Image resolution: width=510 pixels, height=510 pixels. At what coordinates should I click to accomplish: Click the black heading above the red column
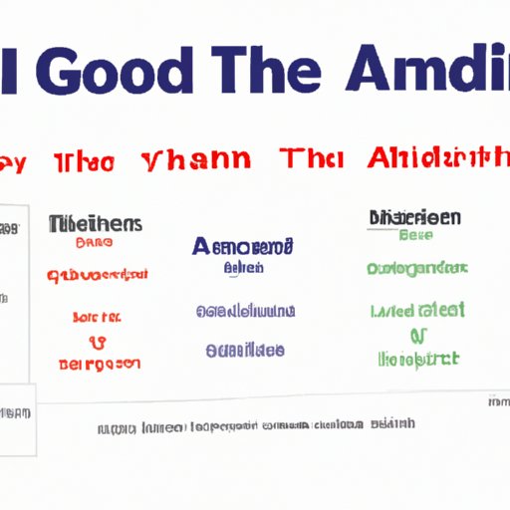96,224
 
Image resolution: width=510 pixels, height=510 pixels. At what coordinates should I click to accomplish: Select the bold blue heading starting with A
244,246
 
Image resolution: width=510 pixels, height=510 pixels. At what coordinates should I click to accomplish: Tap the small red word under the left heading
94,242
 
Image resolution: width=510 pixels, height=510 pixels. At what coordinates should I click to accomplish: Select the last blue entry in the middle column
244,350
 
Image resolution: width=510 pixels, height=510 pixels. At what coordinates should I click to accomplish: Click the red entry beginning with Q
97,274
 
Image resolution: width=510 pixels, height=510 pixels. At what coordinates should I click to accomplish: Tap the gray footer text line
256,426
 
